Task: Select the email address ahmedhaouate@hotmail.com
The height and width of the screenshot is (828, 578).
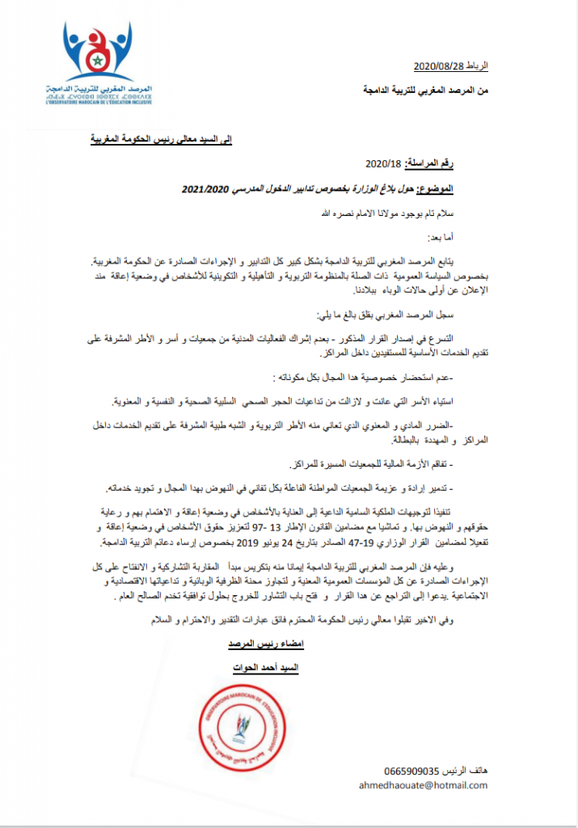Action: [x=424, y=784]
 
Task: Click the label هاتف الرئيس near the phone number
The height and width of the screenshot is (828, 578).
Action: [x=464, y=770]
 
